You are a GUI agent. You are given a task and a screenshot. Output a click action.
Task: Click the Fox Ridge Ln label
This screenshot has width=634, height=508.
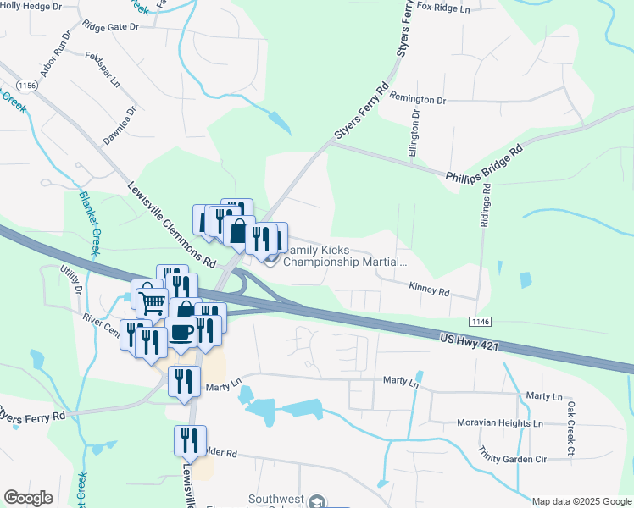coord(443,8)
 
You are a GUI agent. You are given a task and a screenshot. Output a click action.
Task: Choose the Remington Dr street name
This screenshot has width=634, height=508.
coord(418,100)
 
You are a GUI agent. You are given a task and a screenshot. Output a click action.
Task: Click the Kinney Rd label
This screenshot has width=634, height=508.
coord(428,290)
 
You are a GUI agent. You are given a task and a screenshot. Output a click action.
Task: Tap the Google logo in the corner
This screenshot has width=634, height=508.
coord(29,498)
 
